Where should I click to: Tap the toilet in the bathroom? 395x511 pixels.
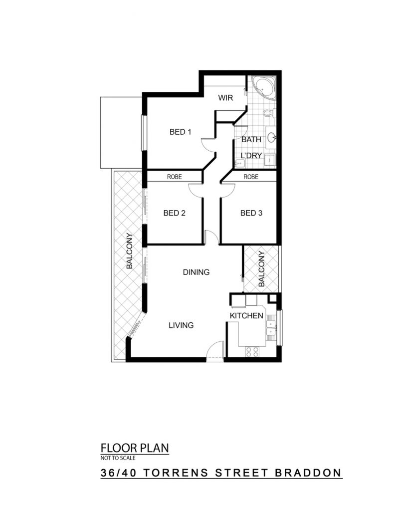coord(269,113)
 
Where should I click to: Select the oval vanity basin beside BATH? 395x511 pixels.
coord(272,138)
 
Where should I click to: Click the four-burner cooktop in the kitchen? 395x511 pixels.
coord(252,352)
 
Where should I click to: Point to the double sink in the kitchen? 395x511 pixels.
coord(271,328)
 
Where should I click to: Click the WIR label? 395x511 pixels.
coord(225,97)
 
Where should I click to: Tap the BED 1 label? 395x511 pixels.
coord(180,132)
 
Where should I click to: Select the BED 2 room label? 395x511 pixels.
coord(174,213)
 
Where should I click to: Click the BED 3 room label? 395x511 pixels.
coord(251,213)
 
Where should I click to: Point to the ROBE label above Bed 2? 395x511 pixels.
coord(174,177)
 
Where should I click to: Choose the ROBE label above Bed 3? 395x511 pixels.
coord(251,177)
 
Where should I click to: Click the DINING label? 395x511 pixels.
coord(196,272)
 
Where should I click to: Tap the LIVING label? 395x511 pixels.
coord(181,325)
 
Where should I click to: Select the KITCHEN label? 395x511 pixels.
coord(246,315)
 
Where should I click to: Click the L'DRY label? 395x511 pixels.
coord(251,156)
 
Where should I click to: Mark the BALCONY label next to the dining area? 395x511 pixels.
coord(261,269)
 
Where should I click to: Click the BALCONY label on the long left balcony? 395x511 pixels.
coord(129,251)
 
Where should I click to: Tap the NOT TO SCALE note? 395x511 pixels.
coord(118,458)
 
